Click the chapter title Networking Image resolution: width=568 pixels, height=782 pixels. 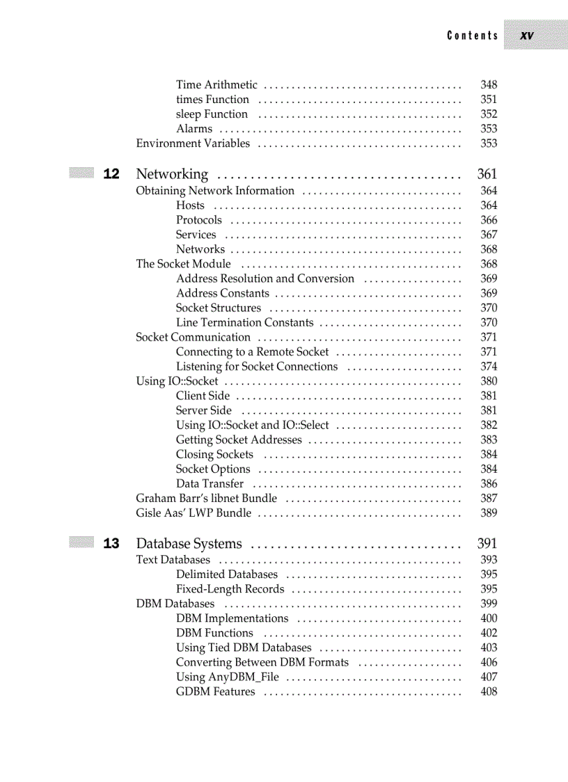(172, 174)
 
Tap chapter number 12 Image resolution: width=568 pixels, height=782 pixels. (111, 174)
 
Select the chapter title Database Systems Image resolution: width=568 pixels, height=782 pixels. (189, 543)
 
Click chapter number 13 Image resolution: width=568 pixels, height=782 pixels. (111, 543)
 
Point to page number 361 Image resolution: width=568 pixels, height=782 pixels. (487, 174)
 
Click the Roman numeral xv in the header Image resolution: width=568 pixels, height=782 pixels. (527, 36)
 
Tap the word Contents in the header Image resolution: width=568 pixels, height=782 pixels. (473, 36)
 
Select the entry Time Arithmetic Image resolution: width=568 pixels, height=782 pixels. (216, 85)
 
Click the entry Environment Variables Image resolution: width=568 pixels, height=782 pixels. (193, 143)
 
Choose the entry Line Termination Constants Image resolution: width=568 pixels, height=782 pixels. (244, 322)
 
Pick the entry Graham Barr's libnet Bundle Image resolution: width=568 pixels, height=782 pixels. (206, 499)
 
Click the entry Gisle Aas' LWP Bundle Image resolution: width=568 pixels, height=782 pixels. (194, 513)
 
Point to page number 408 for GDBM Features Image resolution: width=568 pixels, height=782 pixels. (489, 691)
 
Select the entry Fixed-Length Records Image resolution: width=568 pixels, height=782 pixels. (230, 589)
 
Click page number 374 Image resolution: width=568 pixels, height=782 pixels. (489, 366)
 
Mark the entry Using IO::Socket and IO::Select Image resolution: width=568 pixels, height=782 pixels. (252, 425)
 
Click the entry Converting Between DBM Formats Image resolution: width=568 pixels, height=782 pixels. (262, 662)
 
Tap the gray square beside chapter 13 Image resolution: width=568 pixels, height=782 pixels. (81, 542)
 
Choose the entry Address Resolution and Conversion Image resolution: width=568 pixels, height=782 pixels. (265, 279)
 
